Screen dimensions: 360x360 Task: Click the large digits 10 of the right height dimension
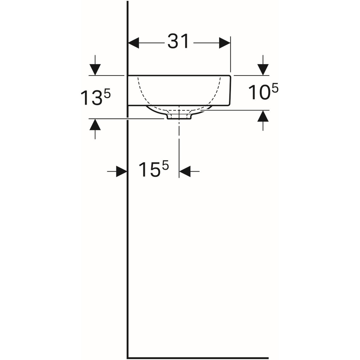[x=259, y=92]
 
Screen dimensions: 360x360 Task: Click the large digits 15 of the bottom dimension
[x=149, y=169]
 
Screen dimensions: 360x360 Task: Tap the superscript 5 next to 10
[x=275, y=88]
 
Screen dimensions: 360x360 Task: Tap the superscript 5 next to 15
[x=165, y=165]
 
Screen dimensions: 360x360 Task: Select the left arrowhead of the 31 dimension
[x=133, y=43]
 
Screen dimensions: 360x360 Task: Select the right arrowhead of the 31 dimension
[x=225, y=43]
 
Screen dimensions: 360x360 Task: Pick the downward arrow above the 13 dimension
[x=95, y=65]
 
